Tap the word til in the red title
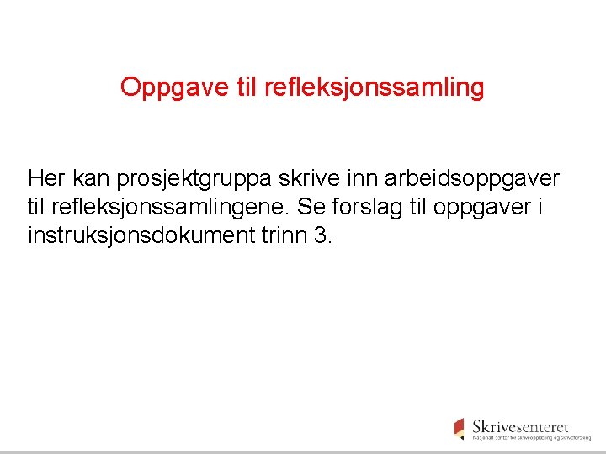tap(239, 87)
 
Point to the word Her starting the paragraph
tap(46, 178)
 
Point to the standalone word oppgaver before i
tap(488, 209)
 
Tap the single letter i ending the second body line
tap(538, 207)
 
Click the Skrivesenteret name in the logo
tap(520, 426)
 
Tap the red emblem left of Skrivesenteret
tap(459, 428)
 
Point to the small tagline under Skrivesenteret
tap(531, 438)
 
